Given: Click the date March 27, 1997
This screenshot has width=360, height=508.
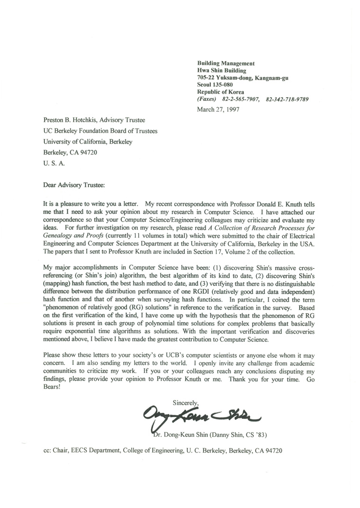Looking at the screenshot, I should click(218, 109).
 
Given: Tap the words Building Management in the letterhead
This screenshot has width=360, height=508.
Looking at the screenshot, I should click(226, 63).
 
